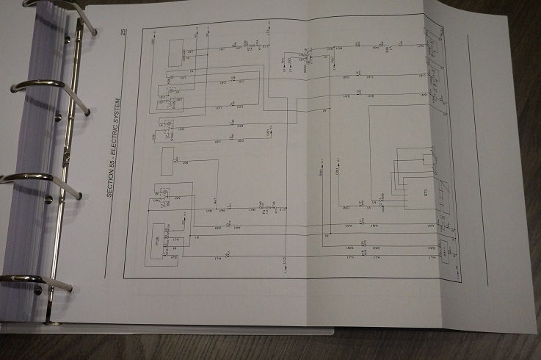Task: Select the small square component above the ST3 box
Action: [428, 159]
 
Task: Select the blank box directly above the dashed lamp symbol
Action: [167, 156]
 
